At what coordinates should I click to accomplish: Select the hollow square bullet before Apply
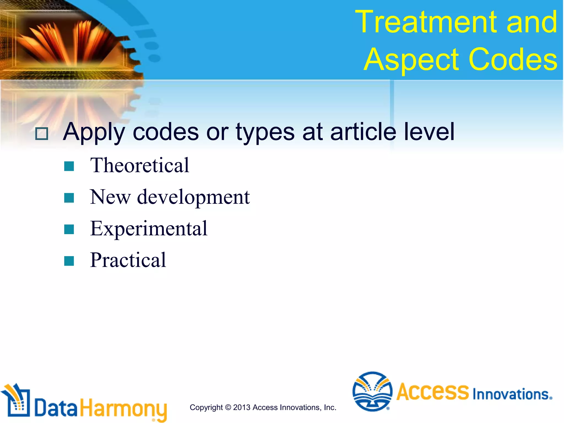pos(42,134)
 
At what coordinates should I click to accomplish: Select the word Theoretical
pos(140,166)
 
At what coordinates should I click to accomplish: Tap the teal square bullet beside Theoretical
pos(69,166)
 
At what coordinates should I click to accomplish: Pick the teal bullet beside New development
pos(69,198)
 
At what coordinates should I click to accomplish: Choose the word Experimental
pos(149,229)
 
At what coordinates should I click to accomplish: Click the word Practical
pos(128,260)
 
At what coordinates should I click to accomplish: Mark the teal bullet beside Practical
pos(69,261)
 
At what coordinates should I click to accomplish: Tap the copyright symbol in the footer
pos(228,408)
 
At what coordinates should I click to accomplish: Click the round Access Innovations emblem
pos(372,391)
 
